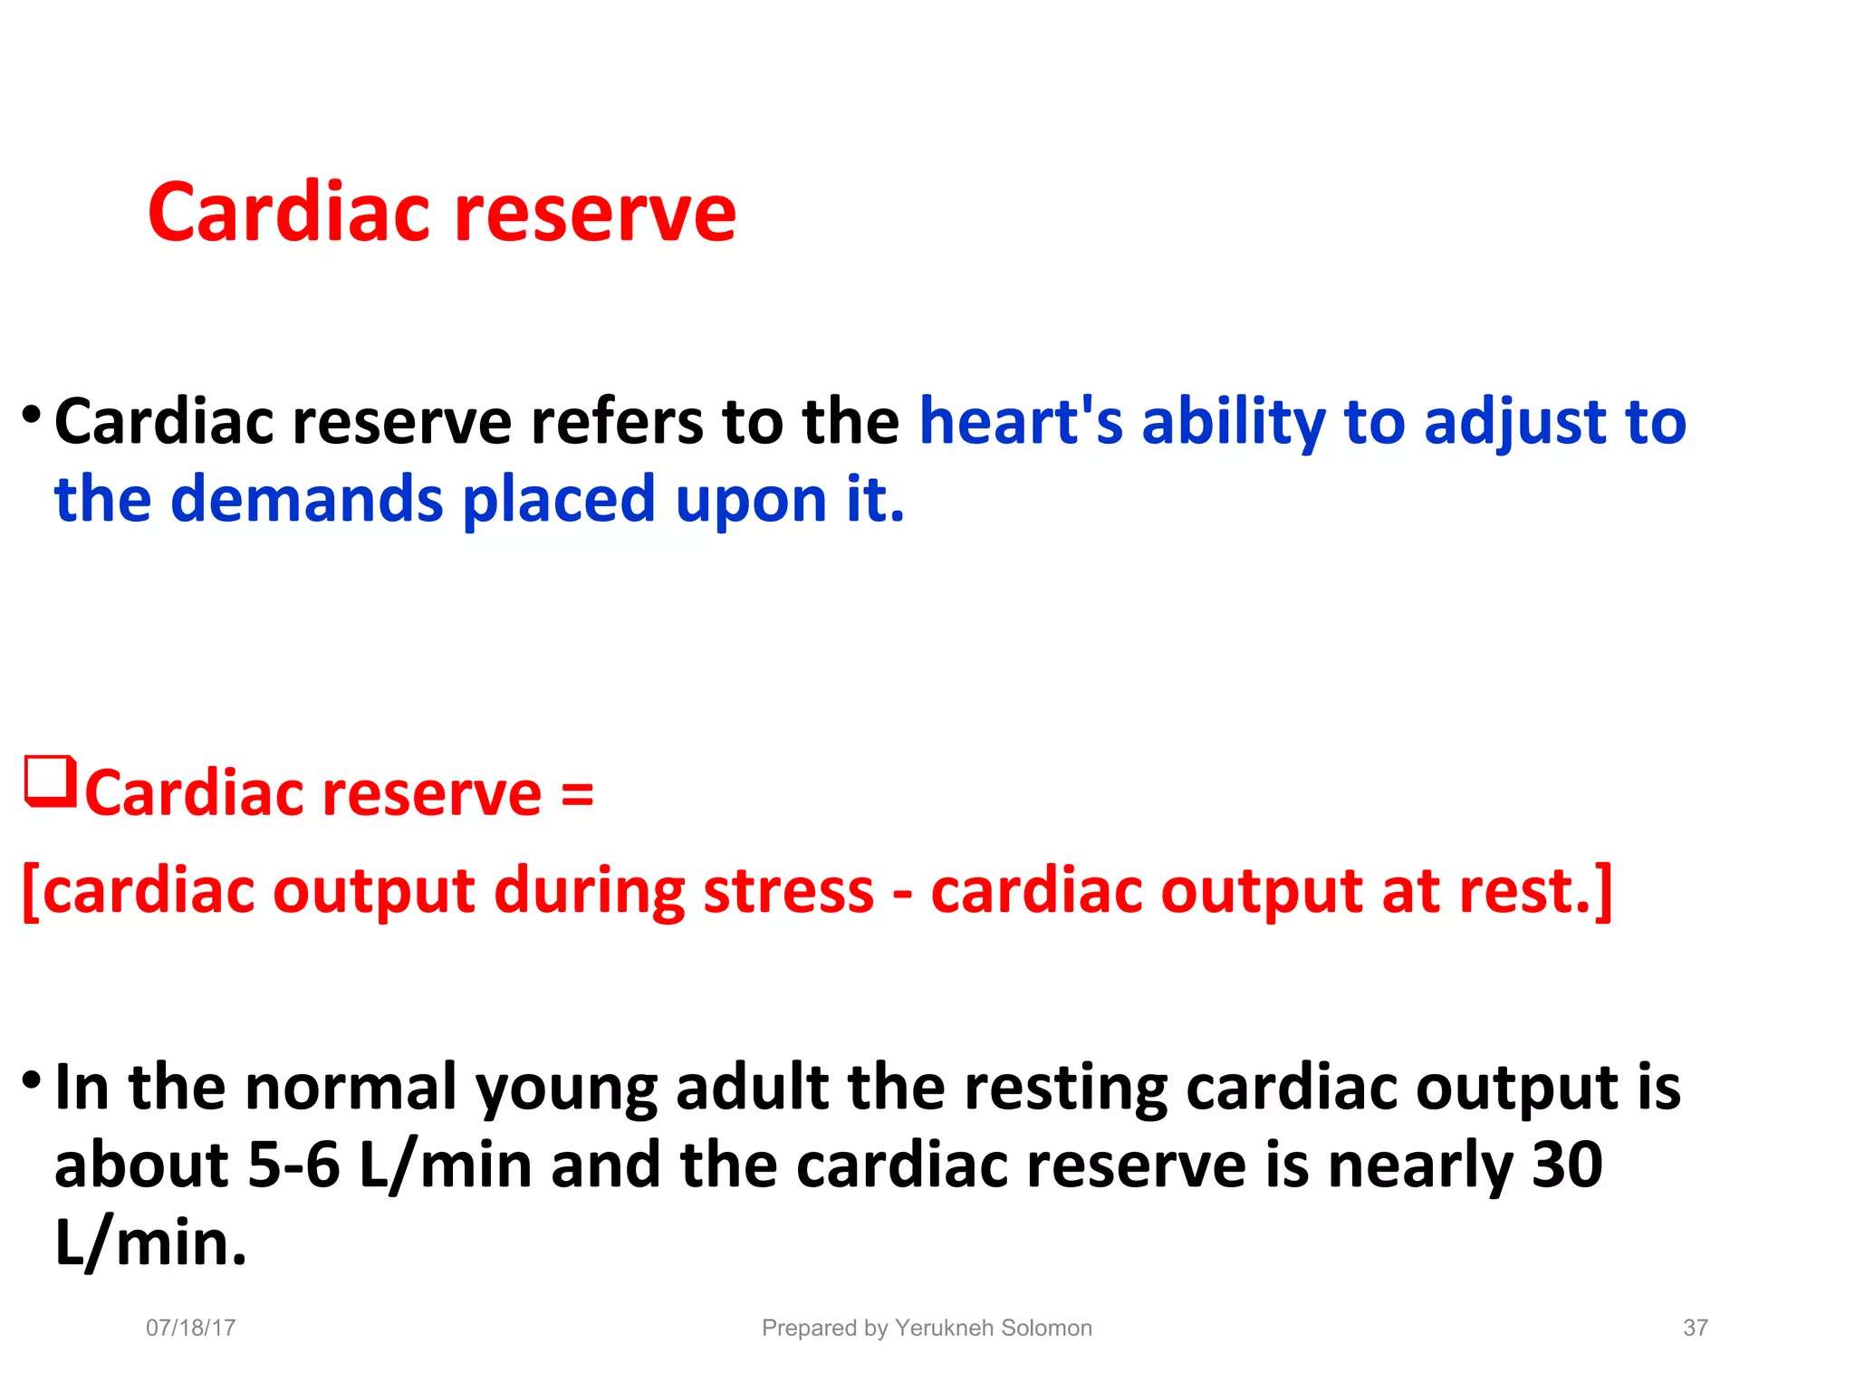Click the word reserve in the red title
click(595, 216)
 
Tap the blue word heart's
click(1021, 422)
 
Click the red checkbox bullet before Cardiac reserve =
click(49, 782)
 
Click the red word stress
click(788, 891)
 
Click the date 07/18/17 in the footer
click(191, 1328)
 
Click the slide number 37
click(1695, 1328)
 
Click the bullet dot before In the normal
click(32, 1079)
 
